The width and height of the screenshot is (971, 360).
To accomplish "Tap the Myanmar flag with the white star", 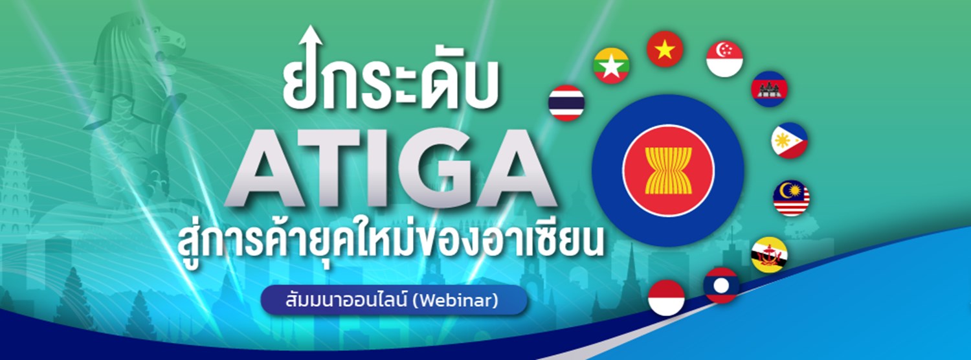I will click(x=611, y=65).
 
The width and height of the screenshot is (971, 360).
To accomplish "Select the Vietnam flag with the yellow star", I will click(x=665, y=49).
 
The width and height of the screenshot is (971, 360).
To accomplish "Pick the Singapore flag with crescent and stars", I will click(x=724, y=59).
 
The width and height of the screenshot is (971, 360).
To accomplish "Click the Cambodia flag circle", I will click(x=769, y=89).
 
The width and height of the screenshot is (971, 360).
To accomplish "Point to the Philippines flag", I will click(x=789, y=141).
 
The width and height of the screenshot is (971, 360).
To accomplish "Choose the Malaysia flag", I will click(x=791, y=198).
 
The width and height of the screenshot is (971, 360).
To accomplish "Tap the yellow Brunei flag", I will click(x=769, y=254).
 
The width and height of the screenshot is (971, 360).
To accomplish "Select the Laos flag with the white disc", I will click(x=721, y=286).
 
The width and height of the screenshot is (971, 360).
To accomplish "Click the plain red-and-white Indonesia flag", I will click(x=666, y=298).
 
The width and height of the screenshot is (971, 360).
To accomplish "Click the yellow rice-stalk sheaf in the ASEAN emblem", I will click(x=668, y=170).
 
